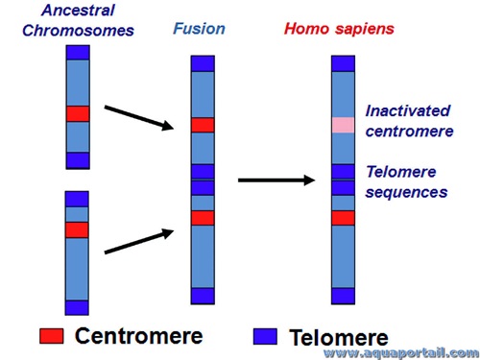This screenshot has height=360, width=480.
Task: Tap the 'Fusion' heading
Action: [x=200, y=29]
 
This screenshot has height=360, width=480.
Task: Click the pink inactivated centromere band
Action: [x=344, y=125]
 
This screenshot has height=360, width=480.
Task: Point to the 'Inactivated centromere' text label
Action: [x=408, y=121]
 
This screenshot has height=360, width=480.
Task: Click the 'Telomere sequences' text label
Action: [x=406, y=181]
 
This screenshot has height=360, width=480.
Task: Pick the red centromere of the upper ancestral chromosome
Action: [x=78, y=113]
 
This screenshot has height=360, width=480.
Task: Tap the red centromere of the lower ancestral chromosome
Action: [x=77, y=229]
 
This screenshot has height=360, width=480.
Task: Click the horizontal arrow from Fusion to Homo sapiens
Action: [x=276, y=180]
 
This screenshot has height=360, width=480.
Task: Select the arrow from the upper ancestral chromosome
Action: [x=138, y=120]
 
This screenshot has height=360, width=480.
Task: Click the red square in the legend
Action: [x=51, y=336]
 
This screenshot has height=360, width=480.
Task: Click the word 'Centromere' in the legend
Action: [x=138, y=336]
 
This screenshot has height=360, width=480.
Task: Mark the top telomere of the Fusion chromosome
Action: [x=203, y=63]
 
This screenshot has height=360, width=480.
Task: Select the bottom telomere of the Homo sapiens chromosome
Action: [x=344, y=296]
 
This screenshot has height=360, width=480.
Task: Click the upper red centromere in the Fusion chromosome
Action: [x=203, y=125]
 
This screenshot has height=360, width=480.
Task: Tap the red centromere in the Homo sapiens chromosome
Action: [x=344, y=218]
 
